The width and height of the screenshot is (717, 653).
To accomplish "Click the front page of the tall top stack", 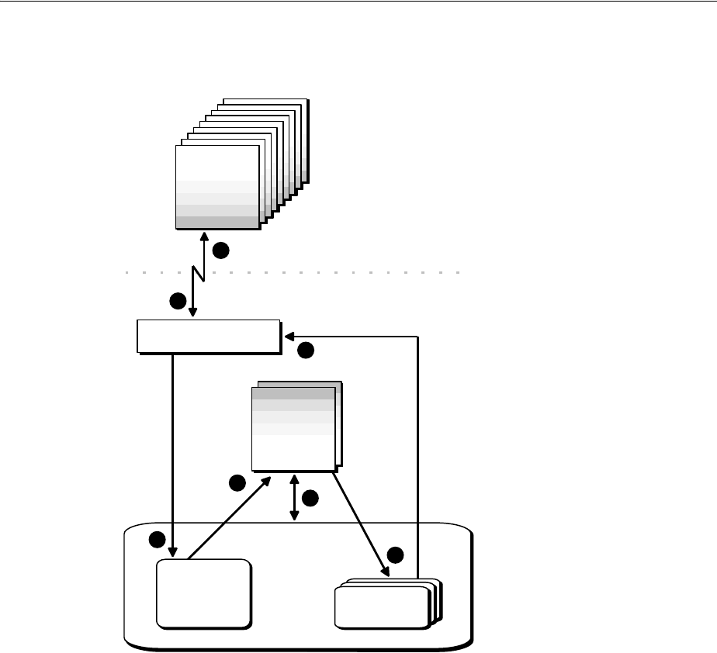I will pos(216,186).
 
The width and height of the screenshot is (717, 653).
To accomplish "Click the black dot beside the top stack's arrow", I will pos(221,250).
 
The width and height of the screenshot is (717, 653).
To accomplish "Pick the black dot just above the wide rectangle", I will pos(178,301).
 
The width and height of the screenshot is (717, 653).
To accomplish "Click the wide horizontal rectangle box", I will pos(208,336).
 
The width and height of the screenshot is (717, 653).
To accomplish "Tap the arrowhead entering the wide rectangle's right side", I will pos(289,337).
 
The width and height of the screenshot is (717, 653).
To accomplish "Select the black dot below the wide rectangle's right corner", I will pos(306,351).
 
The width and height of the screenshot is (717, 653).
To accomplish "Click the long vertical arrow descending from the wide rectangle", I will pos(171,450).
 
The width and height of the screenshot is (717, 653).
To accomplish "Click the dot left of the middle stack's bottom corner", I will pos(237,484).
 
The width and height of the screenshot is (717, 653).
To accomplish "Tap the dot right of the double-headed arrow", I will pos(310,499).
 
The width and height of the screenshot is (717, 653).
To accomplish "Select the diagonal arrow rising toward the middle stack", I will pos(228,517).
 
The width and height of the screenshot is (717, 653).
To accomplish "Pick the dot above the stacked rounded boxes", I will pos(395,555).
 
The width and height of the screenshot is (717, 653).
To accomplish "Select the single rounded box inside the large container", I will pos(204,593).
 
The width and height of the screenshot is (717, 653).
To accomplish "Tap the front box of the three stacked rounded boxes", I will pos(381,606).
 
